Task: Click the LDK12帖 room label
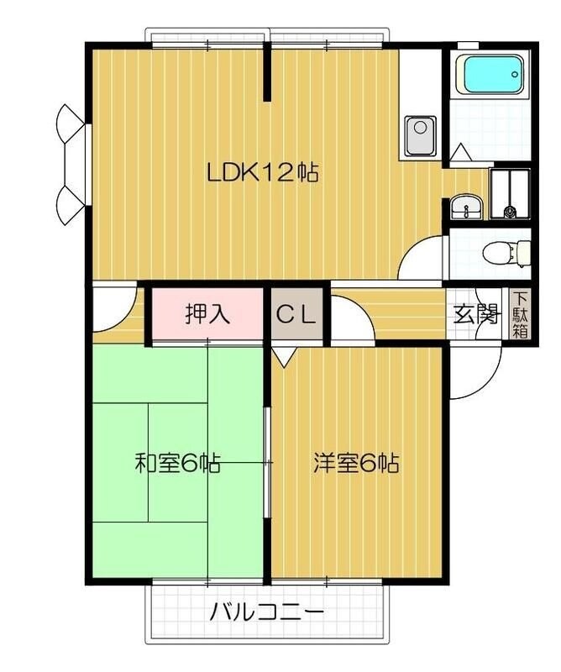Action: pos(262,173)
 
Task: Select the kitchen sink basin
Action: pos(419,134)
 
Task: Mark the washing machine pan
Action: pos(510,193)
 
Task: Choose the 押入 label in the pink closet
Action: pos(207,315)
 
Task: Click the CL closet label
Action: pos(296,315)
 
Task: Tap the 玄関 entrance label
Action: pos(475,315)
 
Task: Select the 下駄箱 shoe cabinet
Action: pos(520,314)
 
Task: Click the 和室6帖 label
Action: pos(178,463)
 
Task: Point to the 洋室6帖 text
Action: pos(356,463)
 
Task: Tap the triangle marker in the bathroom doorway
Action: pos(459,152)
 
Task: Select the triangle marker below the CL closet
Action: pos(283,358)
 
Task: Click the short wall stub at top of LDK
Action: pos(268,75)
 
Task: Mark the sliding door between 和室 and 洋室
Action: pos(268,462)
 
